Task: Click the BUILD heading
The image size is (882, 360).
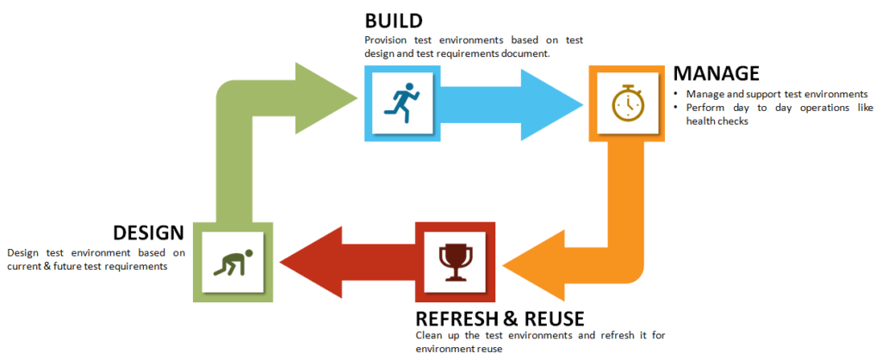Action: coord(393,21)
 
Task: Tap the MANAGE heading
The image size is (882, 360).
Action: coord(716,74)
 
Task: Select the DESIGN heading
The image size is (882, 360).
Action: coord(147,233)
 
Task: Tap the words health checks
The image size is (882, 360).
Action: coord(718,121)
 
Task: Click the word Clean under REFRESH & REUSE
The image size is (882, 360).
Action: coord(431,335)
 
